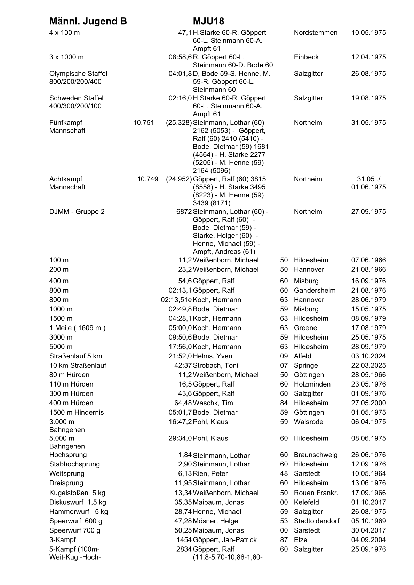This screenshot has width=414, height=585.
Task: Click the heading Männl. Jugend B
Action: (88, 22)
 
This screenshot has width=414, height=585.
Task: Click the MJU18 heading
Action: (209, 22)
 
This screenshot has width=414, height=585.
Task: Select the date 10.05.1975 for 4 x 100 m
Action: (368, 33)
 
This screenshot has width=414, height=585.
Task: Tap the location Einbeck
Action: (306, 57)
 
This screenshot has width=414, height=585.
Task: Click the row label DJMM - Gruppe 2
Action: (77, 212)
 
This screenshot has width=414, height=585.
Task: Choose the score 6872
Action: (184, 212)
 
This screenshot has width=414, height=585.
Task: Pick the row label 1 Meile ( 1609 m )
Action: (77, 328)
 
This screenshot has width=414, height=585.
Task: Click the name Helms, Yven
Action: (212, 356)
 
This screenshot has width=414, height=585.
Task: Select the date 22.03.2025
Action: (368, 365)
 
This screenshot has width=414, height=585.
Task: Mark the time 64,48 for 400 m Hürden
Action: (183, 403)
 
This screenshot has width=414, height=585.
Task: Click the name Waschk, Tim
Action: (213, 403)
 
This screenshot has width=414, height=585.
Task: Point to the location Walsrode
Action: (308, 422)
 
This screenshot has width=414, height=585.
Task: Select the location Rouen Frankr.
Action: (316, 493)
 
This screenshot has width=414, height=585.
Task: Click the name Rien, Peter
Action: (210, 473)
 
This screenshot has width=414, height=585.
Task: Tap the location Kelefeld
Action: (306, 502)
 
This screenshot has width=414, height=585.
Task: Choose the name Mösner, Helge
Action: (215, 521)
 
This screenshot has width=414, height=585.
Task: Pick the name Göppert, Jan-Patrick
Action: (225, 540)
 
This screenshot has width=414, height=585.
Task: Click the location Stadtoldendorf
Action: (316, 521)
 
